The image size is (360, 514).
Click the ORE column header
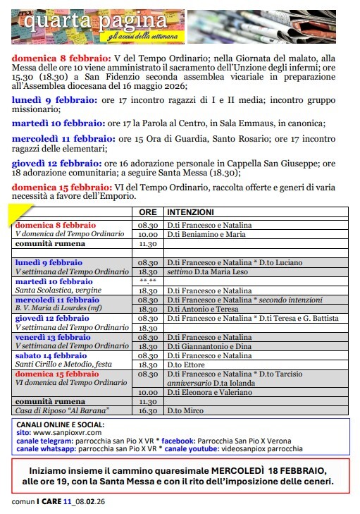(x=147, y=212)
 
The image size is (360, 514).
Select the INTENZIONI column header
(x=190, y=212)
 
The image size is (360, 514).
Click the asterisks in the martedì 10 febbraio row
(x=147, y=281)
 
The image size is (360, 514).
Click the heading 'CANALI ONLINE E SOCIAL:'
(x=60, y=425)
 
